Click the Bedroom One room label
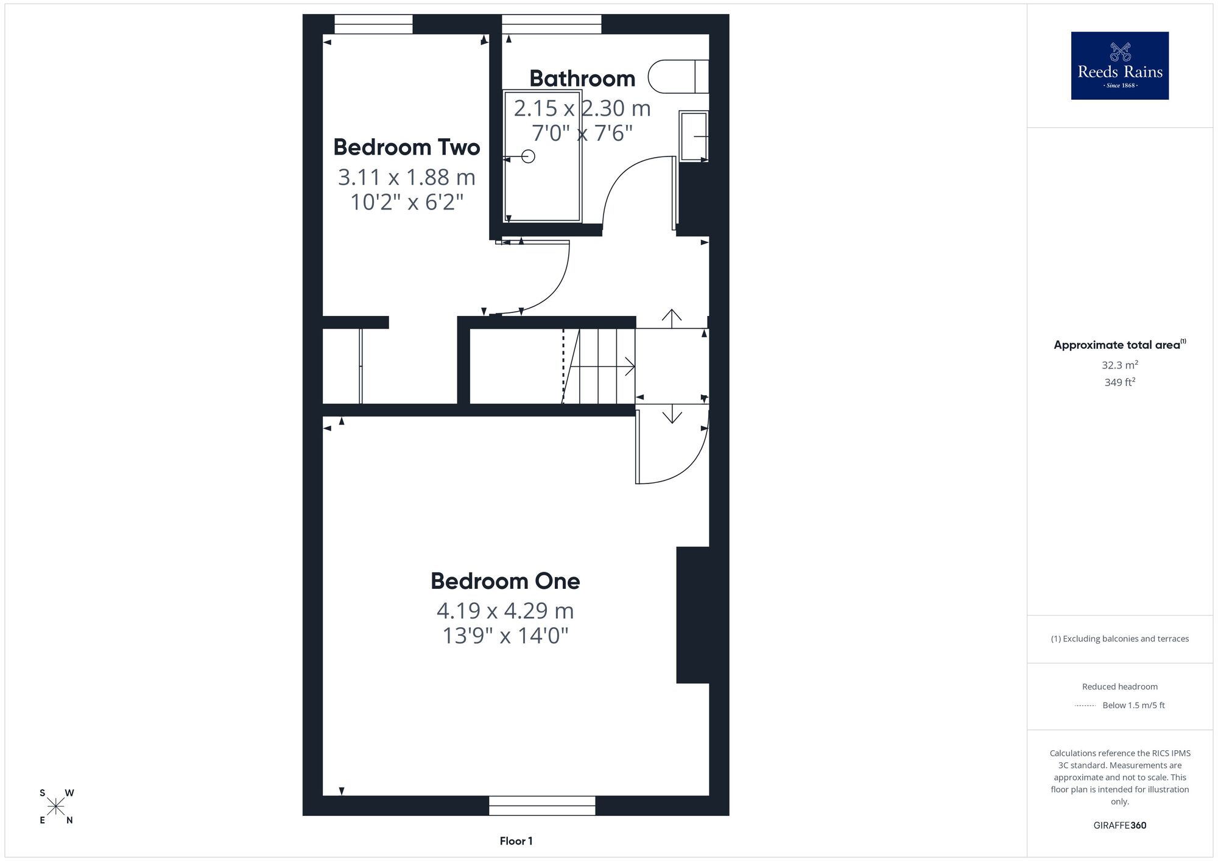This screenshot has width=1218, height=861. [505, 581]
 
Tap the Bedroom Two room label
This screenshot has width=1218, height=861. [407, 147]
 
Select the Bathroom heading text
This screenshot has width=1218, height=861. [582, 79]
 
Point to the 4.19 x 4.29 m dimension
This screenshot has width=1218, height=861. [505, 610]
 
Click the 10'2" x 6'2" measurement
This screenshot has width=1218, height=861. [407, 202]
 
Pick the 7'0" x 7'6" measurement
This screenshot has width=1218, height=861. [582, 133]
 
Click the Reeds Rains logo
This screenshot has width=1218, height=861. [1120, 66]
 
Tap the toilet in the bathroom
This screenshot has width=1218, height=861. [678, 76]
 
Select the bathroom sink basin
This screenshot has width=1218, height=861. [694, 136]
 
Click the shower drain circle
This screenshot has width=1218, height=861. [529, 156]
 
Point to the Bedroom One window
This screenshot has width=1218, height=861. [542, 806]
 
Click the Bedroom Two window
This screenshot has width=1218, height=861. [373, 24]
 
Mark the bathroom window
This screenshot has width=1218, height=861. [551, 24]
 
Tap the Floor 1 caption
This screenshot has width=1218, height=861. [516, 841]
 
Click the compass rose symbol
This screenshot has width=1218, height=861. [56, 807]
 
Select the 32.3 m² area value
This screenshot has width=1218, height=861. [1120, 365]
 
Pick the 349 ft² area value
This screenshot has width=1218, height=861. [1120, 382]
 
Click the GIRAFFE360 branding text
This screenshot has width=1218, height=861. [1120, 826]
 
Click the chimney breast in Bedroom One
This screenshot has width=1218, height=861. [693, 615]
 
